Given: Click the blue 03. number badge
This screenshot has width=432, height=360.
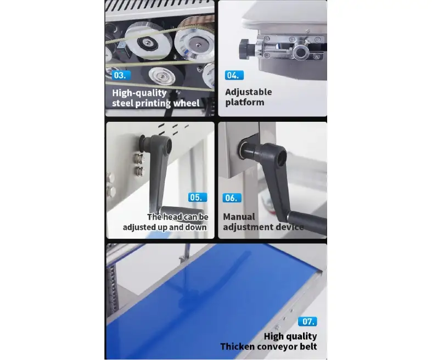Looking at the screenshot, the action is point(121,75).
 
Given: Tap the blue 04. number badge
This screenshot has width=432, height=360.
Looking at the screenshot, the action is point(234,75).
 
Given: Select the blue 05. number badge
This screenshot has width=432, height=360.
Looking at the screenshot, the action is point(198,197).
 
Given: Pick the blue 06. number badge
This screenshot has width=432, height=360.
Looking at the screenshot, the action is point(232,198).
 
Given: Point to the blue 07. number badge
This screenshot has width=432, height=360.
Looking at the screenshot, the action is point(307,322).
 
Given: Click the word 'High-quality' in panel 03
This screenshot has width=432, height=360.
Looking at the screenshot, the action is point(139,93).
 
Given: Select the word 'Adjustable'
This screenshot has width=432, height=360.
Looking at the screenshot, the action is point(249,92).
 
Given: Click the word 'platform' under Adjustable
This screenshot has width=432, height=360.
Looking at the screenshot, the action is point(245,103).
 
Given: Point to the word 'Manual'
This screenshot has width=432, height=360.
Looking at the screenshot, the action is point(239,217).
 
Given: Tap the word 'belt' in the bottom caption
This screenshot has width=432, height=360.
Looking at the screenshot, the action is point(308,346).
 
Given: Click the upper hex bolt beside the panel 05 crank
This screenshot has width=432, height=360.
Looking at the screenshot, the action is point(138,159).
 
